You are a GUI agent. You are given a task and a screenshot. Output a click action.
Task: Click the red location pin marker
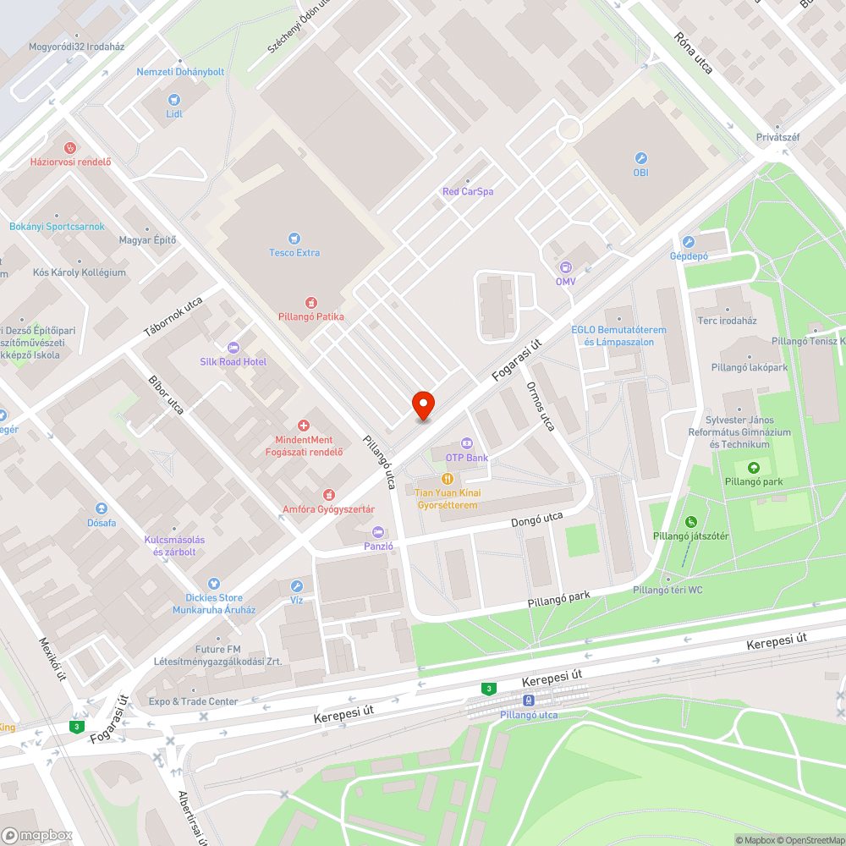[423, 405]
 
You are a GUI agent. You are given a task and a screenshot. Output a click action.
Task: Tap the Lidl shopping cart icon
[174, 99]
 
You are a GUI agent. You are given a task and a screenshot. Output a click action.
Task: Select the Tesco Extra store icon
[294, 239]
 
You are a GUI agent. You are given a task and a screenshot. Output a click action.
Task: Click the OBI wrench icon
[640, 158]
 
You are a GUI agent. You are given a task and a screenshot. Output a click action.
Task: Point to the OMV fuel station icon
[564, 266]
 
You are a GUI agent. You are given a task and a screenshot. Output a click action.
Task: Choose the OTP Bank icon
[466, 443]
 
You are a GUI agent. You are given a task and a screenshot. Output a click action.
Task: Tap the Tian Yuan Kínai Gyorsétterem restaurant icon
[447, 479]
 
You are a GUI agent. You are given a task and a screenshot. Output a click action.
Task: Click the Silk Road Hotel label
[233, 362]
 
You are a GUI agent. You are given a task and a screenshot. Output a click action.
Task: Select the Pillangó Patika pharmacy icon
[311, 302]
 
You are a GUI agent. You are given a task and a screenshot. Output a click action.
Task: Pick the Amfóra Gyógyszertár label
[328, 508]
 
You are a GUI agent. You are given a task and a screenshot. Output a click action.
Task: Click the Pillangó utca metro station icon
[529, 700]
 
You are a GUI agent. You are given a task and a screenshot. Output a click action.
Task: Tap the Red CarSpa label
[468, 191]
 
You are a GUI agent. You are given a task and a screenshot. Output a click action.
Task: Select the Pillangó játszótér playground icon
[691, 522]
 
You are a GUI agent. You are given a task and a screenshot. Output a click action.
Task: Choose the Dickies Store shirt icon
[214, 584]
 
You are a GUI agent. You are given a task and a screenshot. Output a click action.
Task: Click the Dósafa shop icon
[102, 508]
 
